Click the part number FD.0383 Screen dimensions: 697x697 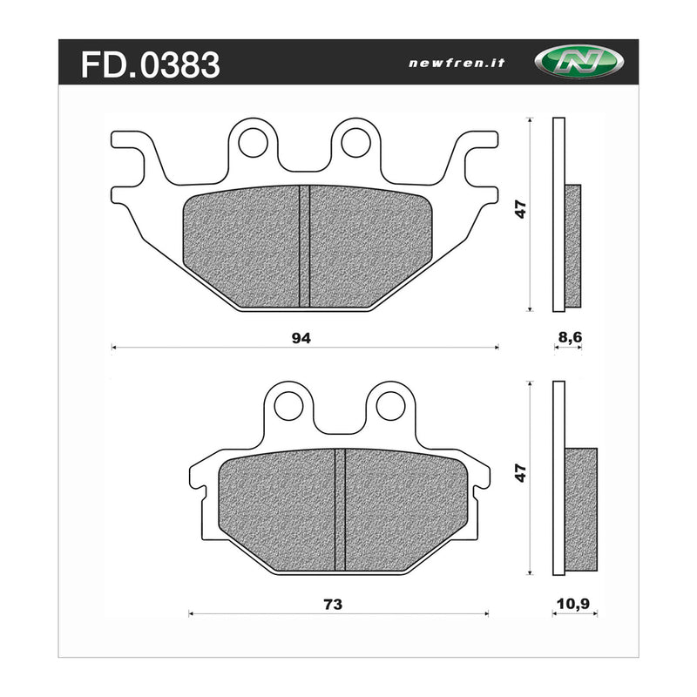pyautogui.click(x=150, y=64)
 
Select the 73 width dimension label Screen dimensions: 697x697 pyautogui.click(x=332, y=604)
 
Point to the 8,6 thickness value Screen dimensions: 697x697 pyautogui.click(x=568, y=336)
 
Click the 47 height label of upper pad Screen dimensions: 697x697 pyautogui.click(x=520, y=210)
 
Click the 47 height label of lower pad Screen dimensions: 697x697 pyautogui.click(x=520, y=473)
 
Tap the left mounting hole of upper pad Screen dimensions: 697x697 pyautogui.click(x=254, y=142)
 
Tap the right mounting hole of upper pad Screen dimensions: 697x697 pyautogui.click(x=355, y=142)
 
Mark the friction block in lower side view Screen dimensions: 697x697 pyautogui.click(x=581, y=510)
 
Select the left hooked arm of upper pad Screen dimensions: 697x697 pyautogui.click(x=135, y=161)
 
